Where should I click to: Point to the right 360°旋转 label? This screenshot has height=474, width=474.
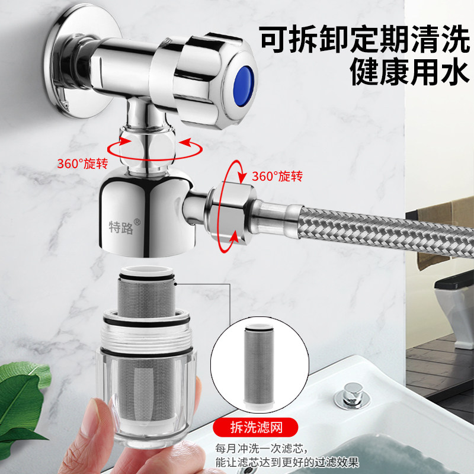277,176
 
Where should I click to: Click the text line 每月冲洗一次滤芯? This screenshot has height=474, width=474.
273,449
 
